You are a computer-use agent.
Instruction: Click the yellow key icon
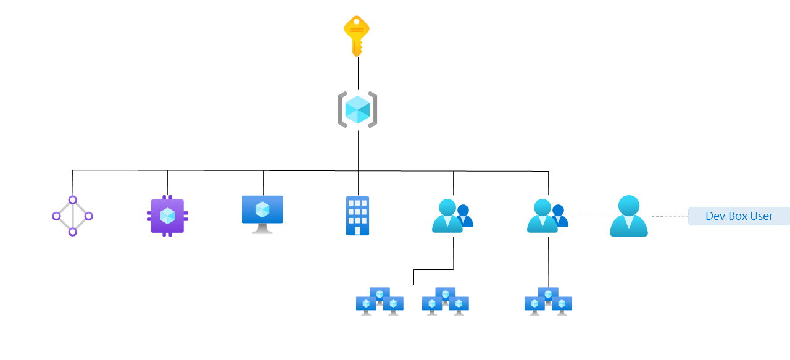(356, 35)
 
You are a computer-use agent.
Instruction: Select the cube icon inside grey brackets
(357, 110)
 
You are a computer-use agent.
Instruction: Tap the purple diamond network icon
(72, 216)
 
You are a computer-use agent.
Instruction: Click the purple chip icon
(167, 216)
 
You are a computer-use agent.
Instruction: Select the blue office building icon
(357, 216)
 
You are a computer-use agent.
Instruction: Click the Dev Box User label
(739, 216)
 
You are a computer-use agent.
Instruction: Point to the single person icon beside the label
(628, 216)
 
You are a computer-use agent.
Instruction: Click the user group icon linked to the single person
(547, 216)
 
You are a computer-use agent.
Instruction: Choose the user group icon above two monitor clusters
(452, 216)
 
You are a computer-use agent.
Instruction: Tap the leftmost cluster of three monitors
(380, 301)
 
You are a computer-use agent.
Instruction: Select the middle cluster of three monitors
(445, 301)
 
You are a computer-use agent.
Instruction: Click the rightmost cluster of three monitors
(548, 301)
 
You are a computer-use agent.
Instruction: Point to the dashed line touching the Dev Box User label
(670, 216)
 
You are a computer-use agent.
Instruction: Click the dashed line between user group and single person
(588, 216)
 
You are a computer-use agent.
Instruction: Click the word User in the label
(761, 216)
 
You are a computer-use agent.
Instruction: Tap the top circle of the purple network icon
(72, 200)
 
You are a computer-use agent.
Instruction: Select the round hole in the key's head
(356, 22)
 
